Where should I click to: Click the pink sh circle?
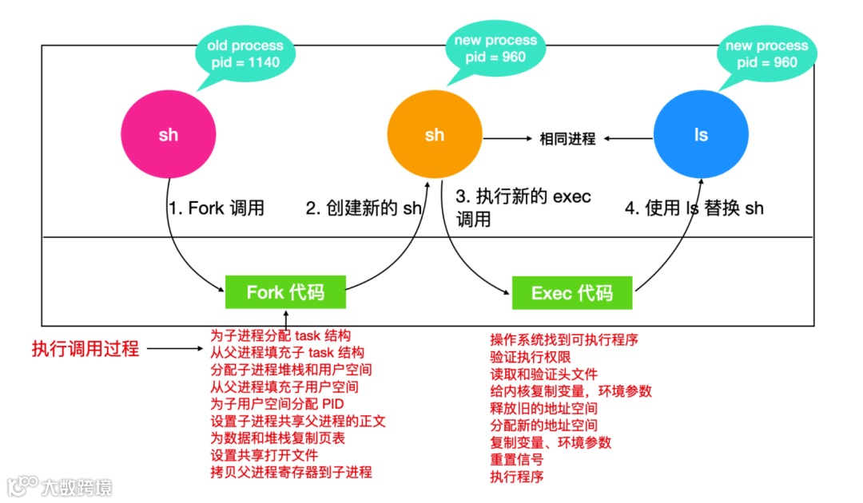pos(169,135)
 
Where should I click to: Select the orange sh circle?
pos(435,135)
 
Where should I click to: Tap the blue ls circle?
pos(701,135)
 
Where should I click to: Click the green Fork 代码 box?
pos(285,292)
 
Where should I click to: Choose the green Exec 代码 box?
pos(571,293)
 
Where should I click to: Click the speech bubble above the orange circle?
pos(495,48)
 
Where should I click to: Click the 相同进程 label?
pos(567,139)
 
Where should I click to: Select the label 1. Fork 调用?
pos(216,208)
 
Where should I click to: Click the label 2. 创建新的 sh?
pos(364,208)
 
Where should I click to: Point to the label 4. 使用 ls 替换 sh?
pos(694,208)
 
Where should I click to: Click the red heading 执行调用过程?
pos(86,348)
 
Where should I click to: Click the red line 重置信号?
pos(516,460)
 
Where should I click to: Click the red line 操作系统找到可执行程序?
pos(564,339)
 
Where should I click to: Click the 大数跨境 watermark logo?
pos(59,485)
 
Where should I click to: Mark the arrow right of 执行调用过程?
pos(174,349)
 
